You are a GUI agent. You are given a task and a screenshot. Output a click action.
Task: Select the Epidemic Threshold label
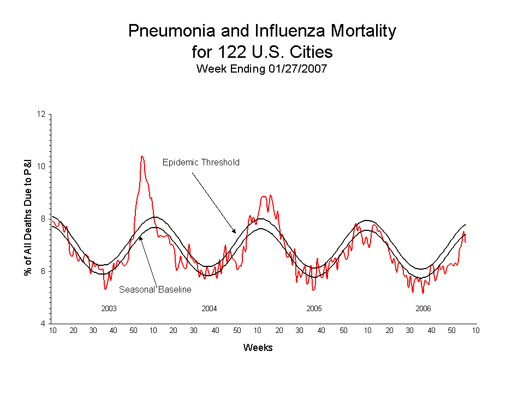[x=201, y=162]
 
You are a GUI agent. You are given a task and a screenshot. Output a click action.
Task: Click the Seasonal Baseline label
[x=155, y=289]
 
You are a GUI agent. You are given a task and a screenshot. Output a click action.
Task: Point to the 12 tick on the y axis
[x=41, y=114]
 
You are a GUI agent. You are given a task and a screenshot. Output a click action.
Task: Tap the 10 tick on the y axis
[x=41, y=166]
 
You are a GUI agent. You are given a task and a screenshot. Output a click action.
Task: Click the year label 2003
[x=109, y=308]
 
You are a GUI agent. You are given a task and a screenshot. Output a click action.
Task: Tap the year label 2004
[x=209, y=308]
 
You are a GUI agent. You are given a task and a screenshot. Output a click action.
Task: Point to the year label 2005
[x=314, y=308]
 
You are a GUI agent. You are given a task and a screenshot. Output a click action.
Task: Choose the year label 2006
[x=423, y=308]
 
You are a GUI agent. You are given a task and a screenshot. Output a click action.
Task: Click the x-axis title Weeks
[x=258, y=348]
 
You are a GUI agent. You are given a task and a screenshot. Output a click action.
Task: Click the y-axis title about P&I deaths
[x=28, y=218]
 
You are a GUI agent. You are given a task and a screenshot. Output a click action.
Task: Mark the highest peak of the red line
[x=142, y=156]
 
